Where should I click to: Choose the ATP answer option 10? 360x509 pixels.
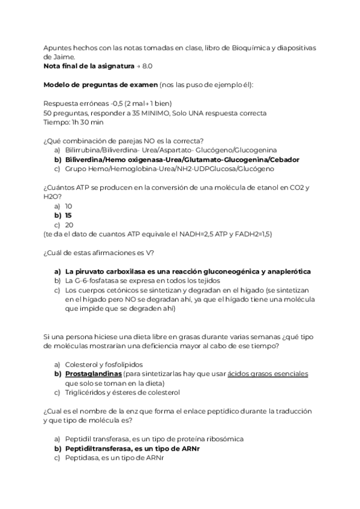pos(68,206)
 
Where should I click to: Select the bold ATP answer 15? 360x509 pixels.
pos(68,215)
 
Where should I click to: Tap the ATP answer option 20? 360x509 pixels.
pos(69,224)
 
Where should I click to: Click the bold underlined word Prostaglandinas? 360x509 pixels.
pos(93,374)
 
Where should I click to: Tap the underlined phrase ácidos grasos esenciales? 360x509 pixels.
pos(267,374)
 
